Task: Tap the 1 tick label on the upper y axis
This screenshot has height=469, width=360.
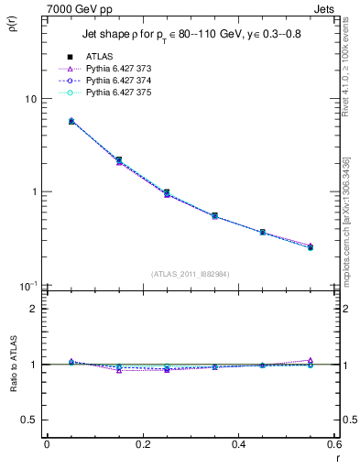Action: [33, 192]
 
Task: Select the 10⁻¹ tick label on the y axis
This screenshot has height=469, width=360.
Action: [28, 286]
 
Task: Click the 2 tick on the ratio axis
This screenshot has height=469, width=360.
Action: [33, 309]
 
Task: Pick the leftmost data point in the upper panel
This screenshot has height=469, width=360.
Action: [47, 121]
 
